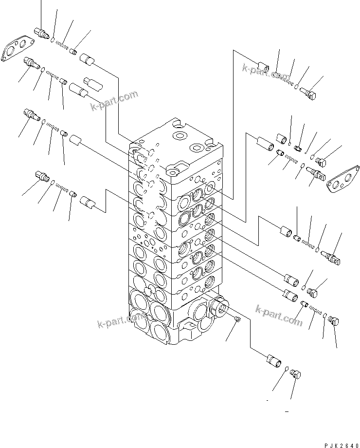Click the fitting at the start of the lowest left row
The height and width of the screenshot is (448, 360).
(43, 176)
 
